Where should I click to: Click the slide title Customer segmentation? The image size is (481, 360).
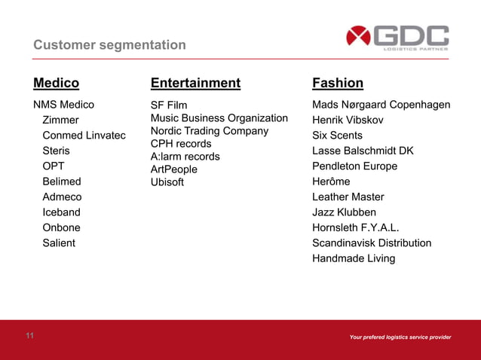point(109,46)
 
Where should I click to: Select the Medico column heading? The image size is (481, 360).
point(56,83)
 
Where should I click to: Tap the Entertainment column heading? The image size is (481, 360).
point(195,83)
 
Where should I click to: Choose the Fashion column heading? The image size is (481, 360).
point(338,83)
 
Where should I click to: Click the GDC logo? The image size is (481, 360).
point(397,38)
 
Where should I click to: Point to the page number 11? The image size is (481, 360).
point(30,336)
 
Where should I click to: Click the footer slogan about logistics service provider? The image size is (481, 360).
point(400,337)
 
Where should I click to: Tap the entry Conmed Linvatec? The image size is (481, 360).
point(84,136)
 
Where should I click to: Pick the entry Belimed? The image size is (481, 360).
point(62,182)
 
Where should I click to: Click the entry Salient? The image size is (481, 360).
point(59,243)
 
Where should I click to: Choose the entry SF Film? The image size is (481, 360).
point(169,105)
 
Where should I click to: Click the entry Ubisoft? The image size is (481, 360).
point(167,182)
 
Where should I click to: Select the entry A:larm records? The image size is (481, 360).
point(185,157)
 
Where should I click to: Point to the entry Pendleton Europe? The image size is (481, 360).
point(354,166)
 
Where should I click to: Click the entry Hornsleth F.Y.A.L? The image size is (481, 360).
point(356,228)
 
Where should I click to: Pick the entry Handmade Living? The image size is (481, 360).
point(354,259)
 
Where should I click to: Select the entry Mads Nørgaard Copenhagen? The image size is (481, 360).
point(381,105)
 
